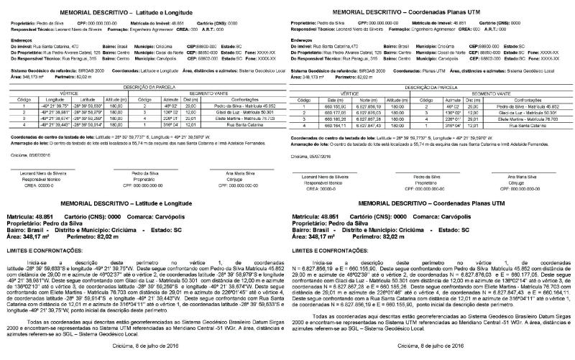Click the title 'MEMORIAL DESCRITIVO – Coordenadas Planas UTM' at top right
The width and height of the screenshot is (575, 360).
428,5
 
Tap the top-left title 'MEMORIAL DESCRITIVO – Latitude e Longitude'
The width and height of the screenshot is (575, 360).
144,5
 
